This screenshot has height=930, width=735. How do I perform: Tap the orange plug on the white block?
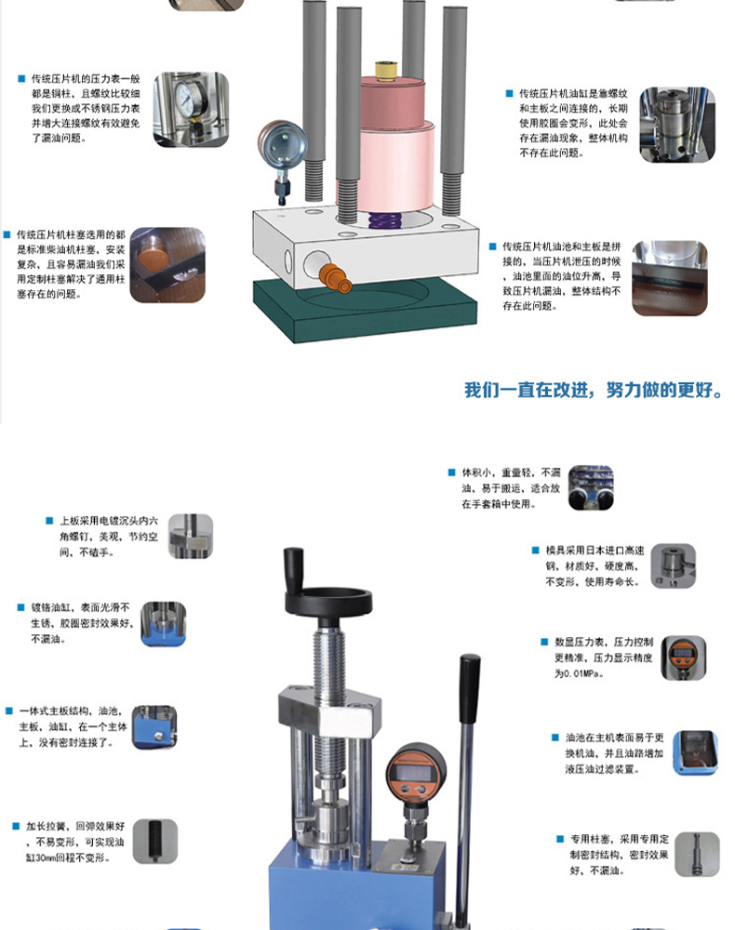point(331,274)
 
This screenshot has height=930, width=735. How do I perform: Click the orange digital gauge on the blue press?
point(418,771)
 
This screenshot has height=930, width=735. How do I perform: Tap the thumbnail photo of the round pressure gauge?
point(192,109)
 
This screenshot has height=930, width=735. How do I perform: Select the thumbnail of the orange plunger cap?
point(167,266)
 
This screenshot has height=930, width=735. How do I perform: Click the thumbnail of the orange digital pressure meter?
point(683,658)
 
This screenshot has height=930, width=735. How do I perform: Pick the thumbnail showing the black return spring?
point(154,841)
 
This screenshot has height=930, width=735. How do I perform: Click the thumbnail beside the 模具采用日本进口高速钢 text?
point(673,566)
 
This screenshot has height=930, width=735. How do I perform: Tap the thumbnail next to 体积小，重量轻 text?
point(591,488)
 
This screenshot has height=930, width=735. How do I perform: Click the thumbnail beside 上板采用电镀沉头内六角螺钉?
point(191,537)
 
